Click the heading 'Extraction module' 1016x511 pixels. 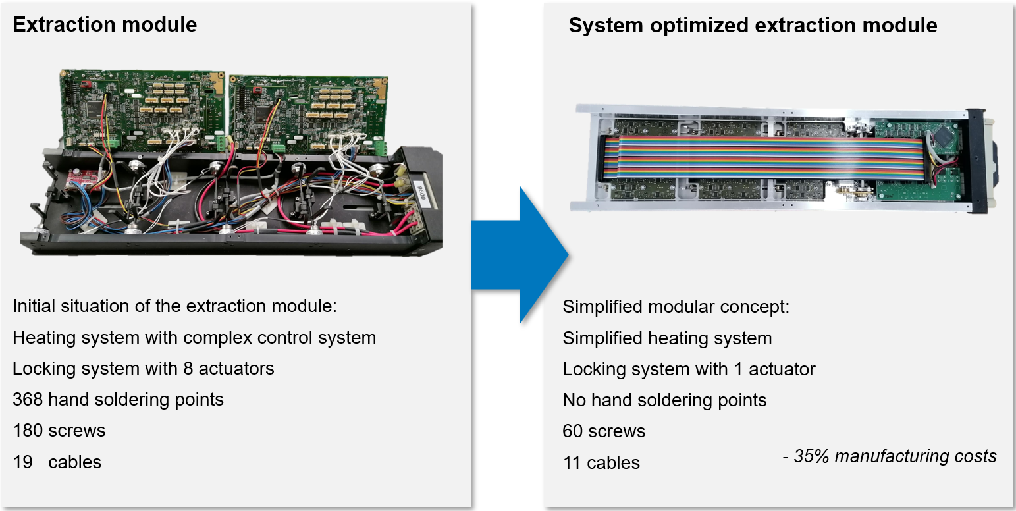(105, 24)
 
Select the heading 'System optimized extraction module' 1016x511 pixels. (753, 26)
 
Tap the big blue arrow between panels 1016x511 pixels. (520, 255)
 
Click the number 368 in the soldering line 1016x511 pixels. (27, 400)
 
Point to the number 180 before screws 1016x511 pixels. (27, 430)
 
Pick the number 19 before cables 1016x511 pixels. (22, 462)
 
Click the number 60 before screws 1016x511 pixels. (572, 431)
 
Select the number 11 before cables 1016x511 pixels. (572, 462)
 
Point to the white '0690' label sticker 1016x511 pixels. (421, 194)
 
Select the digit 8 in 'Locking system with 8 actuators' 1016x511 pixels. (188, 369)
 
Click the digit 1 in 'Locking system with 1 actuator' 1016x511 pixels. (738, 369)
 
